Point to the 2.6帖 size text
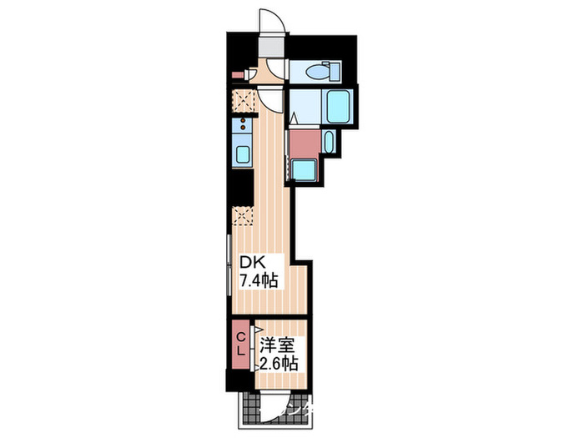[x=278, y=363]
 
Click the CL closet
[x=240, y=344]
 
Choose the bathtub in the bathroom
[x=339, y=107]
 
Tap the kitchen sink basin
[x=242, y=154]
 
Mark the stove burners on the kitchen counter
[x=242, y=127]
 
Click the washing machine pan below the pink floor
[x=303, y=170]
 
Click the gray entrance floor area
[x=270, y=47]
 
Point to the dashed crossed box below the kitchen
[x=242, y=215]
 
